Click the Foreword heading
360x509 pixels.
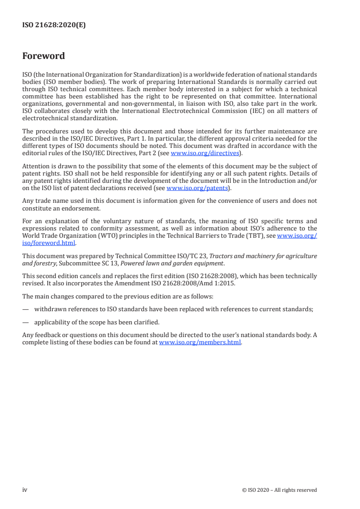point(44,56)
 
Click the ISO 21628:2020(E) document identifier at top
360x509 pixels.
point(54,25)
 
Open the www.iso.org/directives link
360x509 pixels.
point(204,153)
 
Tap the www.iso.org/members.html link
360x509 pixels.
point(200,343)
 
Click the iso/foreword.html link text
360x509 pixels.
point(49,243)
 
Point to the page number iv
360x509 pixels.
point(25,489)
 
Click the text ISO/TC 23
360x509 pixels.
point(192,256)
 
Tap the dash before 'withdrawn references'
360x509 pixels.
point(25,309)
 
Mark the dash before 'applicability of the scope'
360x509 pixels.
point(25,323)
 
